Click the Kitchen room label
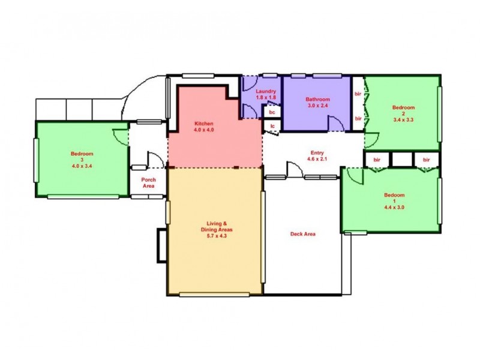coord(204,124)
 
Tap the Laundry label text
coord(266,91)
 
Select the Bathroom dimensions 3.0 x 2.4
coord(317,106)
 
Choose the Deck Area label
coord(302,234)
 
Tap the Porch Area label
coord(149,183)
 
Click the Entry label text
coord(317,153)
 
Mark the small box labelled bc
coord(272,112)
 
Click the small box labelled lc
coord(272,125)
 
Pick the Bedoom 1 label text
coord(394,195)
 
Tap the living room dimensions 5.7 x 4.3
coord(215,236)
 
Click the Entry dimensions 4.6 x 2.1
coord(317,160)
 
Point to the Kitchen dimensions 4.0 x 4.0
coord(204,130)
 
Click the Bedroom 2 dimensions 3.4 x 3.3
coord(403,119)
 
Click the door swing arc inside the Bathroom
coord(336,122)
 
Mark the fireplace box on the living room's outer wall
coord(161,245)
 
